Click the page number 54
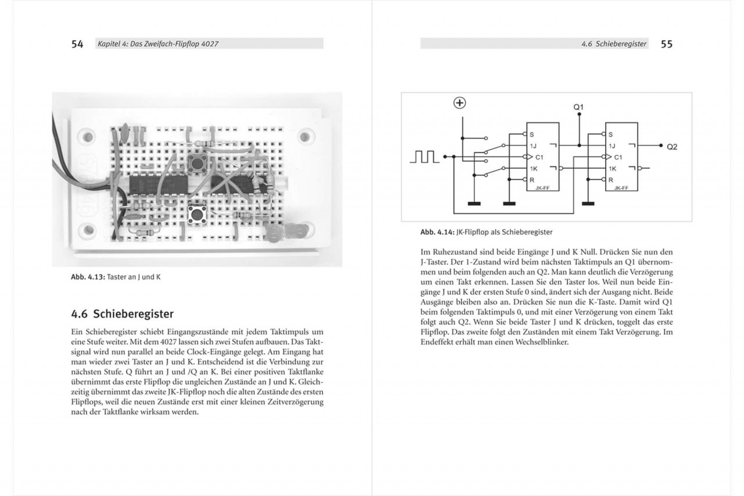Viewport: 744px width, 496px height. (x=77, y=44)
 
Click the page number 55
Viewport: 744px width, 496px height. (x=666, y=44)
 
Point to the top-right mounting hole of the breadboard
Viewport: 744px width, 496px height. (x=304, y=137)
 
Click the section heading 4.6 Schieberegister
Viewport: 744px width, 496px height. (x=122, y=314)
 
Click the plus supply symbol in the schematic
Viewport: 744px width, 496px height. (x=460, y=104)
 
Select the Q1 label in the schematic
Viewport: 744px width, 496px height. (x=578, y=108)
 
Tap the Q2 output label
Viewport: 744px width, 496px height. (x=672, y=147)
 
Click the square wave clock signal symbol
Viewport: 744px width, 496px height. (x=423, y=157)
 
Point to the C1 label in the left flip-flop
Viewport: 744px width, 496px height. (x=539, y=157)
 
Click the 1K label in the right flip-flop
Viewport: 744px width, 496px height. (x=613, y=169)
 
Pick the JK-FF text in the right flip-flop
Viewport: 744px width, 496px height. (x=621, y=188)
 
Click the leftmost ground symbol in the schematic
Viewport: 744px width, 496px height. (x=473, y=204)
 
